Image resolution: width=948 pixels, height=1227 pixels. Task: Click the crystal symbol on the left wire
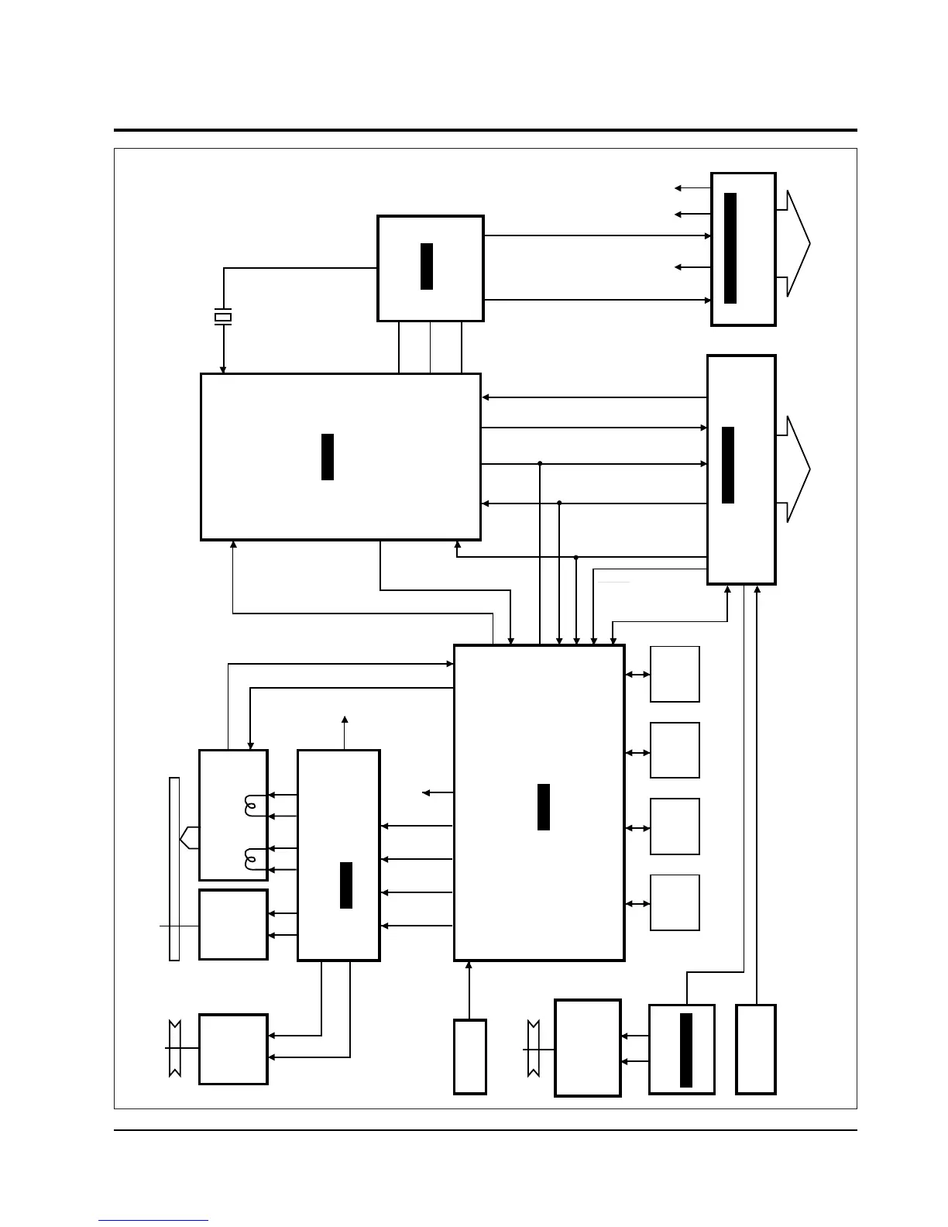[x=223, y=317]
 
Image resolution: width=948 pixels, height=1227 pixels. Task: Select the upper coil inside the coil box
[x=250, y=806]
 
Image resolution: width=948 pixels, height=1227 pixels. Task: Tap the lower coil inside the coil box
[x=250, y=859]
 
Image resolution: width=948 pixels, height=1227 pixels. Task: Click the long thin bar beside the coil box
[x=174, y=868]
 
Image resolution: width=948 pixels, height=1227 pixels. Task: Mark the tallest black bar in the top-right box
[x=730, y=248]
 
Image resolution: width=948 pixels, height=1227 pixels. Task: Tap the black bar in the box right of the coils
[x=346, y=885]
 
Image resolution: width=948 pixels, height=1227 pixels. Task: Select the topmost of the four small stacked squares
[x=675, y=674]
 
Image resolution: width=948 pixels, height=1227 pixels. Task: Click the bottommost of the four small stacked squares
[x=675, y=902]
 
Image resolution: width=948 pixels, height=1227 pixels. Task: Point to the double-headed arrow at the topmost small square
[x=637, y=675]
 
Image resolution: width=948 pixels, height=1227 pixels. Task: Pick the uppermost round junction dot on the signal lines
[x=540, y=464]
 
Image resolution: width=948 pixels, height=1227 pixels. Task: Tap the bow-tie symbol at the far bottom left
[x=174, y=1048]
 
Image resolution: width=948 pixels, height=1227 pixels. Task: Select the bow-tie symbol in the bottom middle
[x=533, y=1049]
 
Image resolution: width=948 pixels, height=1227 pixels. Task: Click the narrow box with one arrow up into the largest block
[x=469, y=1057]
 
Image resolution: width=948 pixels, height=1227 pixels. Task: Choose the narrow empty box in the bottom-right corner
[x=755, y=1049]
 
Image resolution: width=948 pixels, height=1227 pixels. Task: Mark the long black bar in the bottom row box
[x=685, y=1050]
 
